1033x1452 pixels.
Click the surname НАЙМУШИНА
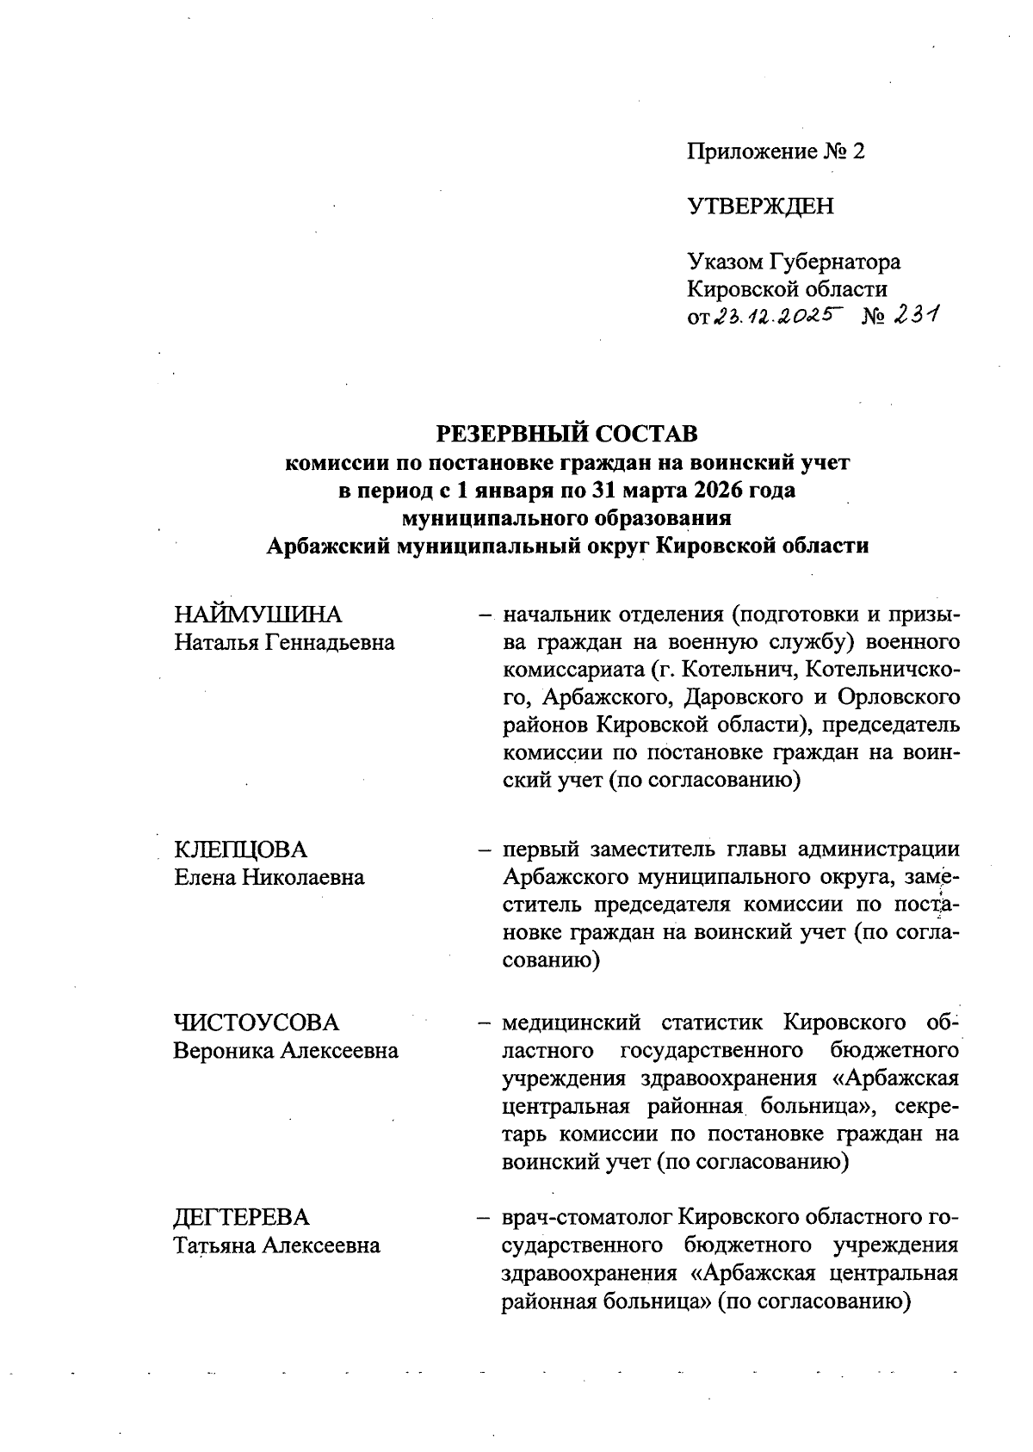[x=257, y=615]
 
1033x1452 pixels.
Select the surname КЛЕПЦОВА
[x=240, y=850]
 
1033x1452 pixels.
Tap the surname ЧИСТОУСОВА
[x=257, y=1023]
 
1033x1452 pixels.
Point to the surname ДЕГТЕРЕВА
[x=241, y=1218]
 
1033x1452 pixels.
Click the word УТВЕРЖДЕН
[x=760, y=207]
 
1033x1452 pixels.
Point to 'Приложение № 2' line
[x=775, y=152]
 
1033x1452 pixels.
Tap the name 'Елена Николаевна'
[x=269, y=877]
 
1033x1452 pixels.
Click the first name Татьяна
[x=214, y=1245]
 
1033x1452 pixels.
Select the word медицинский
[x=572, y=1023]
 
